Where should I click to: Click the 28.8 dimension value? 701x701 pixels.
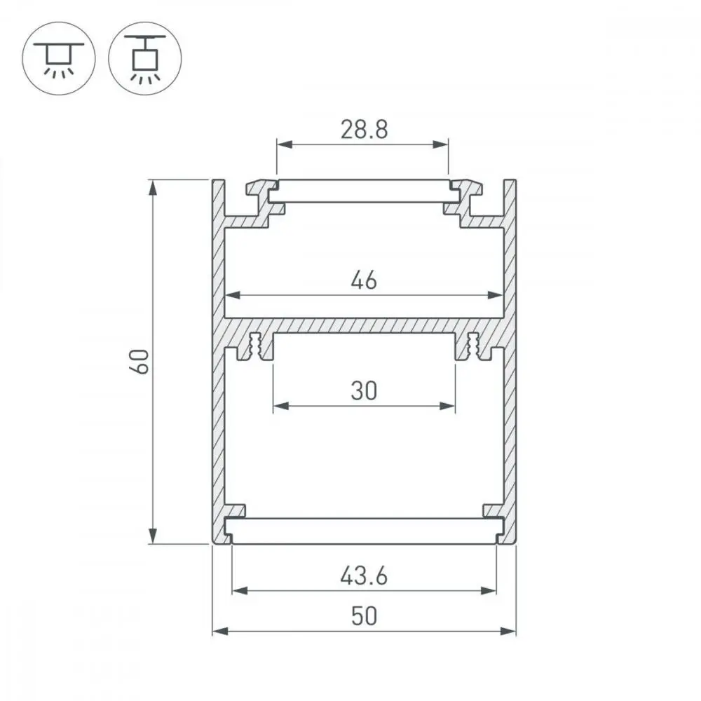coord(364,130)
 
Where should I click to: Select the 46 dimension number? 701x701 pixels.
coord(364,281)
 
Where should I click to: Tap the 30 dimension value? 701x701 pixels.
coord(364,390)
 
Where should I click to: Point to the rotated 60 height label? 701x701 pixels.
coord(141,362)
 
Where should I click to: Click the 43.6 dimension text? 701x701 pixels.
coord(364,576)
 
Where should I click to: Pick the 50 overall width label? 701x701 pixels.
coord(364,616)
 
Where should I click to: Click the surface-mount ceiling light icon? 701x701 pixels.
coord(59,58)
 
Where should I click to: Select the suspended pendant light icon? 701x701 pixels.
coord(145,58)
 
